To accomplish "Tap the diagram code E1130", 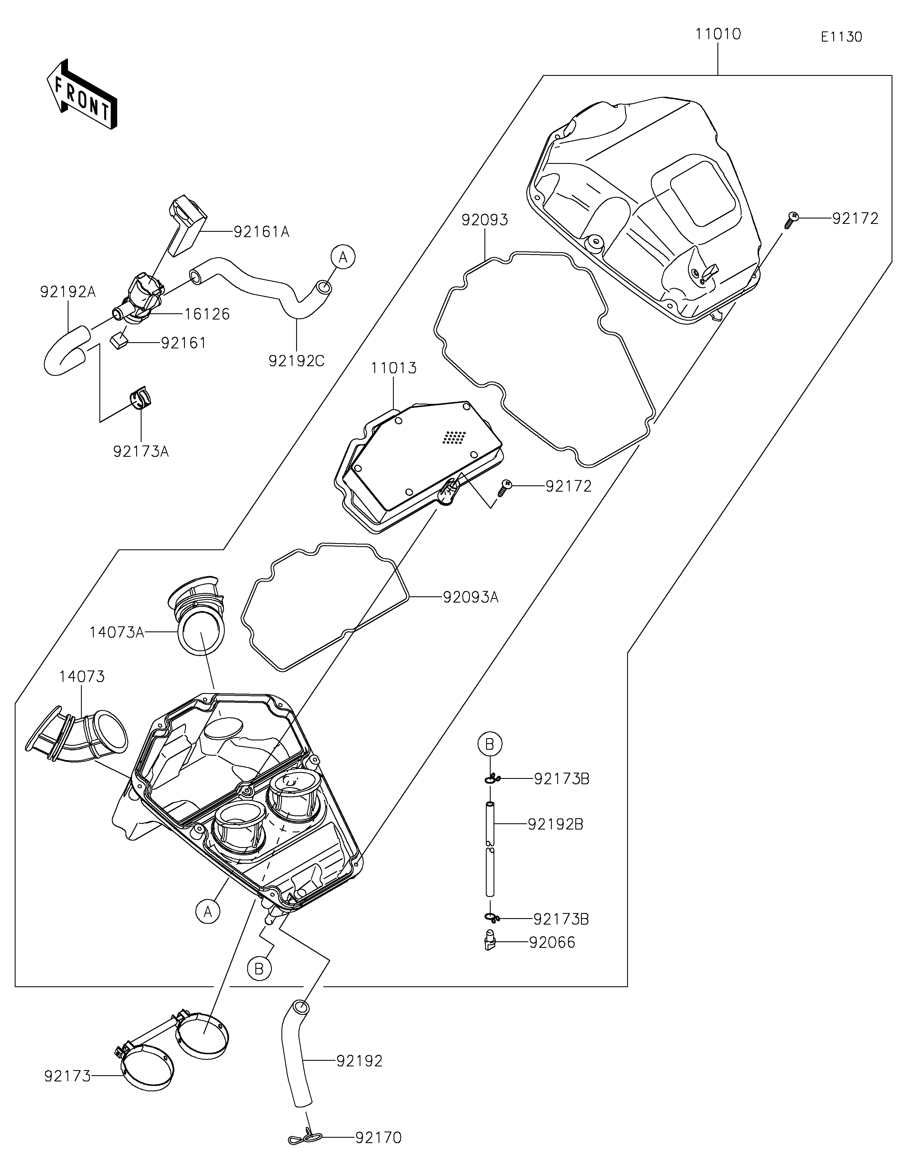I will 841,37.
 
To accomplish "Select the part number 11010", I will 718,34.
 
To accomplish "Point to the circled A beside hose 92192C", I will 343,257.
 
